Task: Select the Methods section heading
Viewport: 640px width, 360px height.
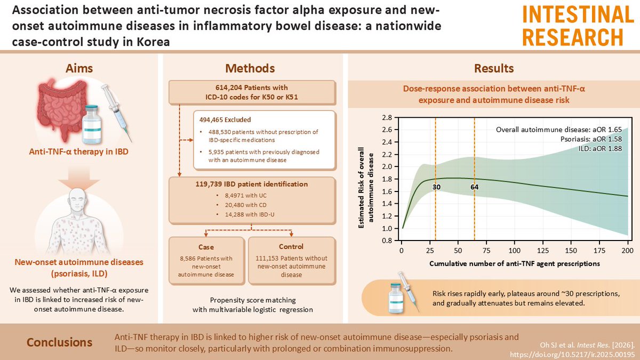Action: tap(251, 68)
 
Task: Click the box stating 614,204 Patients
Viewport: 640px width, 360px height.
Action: tap(251, 92)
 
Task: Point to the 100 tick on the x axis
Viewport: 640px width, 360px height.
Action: tap(515, 250)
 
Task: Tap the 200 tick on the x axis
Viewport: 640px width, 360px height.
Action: tap(627, 250)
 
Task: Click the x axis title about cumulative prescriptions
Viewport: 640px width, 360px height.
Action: tap(514, 264)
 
